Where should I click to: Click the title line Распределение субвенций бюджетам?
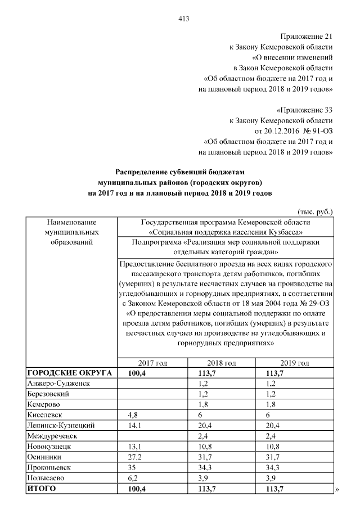(x=181, y=173)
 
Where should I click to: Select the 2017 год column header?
(x=152, y=363)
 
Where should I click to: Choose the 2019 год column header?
(x=295, y=363)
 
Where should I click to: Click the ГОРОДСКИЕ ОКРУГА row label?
(x=70, y=372)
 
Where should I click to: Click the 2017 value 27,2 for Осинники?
(x=135, y=456)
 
